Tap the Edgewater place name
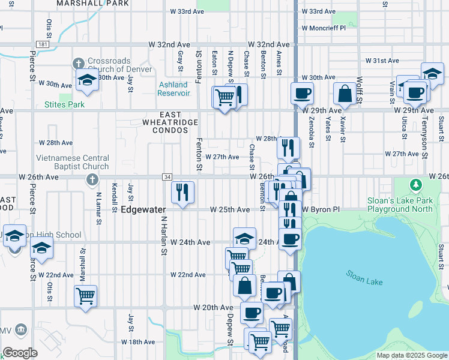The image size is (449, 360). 143,210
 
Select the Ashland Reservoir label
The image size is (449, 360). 173,89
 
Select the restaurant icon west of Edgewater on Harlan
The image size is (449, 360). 183,193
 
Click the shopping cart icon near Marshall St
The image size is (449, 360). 86,295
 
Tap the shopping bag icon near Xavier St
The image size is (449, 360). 345,94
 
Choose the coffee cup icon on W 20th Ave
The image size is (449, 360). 252,313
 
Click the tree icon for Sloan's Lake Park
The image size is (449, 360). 414,184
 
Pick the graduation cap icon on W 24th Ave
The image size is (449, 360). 244,238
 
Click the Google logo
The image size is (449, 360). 20,353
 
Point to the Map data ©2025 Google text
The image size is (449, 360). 411,355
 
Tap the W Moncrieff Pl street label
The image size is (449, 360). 324,28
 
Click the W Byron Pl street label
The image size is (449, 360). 321,210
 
